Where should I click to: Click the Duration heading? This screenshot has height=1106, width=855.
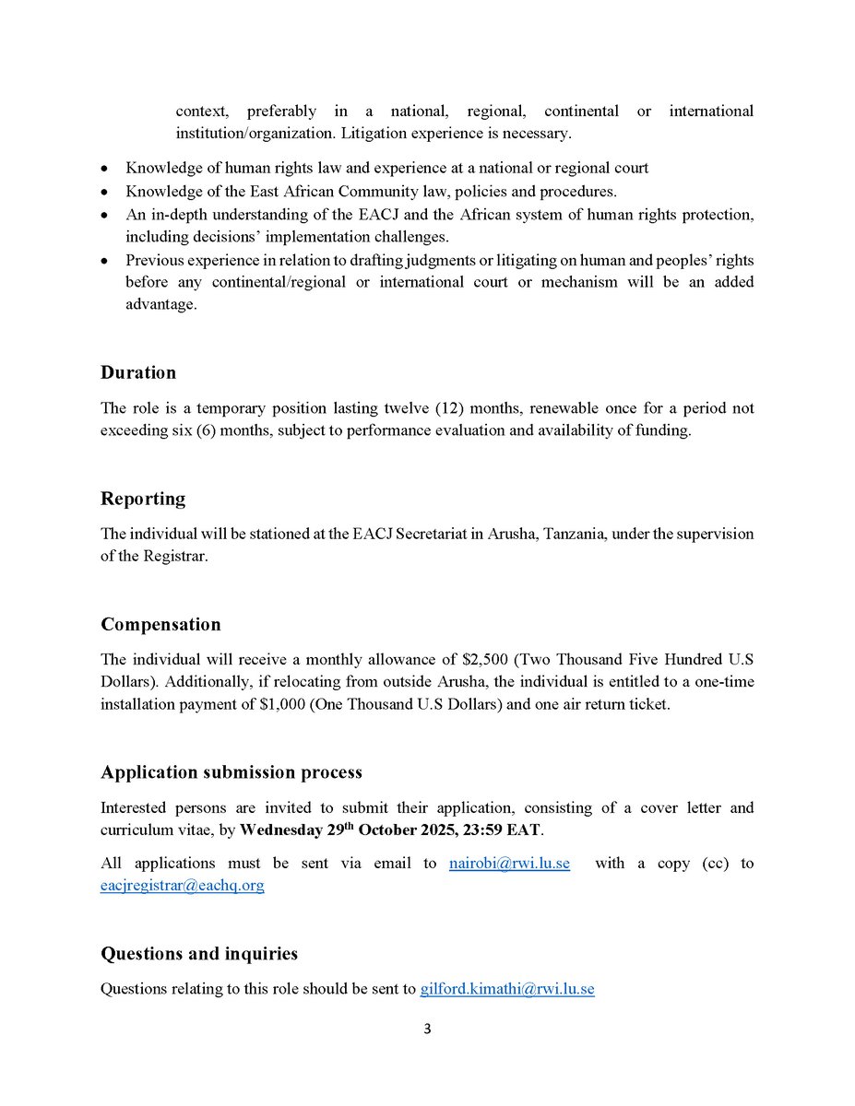tap(138, 373)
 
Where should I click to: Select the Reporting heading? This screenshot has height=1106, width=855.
tap(143, 499)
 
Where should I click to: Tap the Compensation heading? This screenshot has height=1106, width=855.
tap(160, 624)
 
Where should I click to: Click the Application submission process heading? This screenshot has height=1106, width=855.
tap(232, 771)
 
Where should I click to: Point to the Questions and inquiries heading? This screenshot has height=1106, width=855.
tap(199, 953)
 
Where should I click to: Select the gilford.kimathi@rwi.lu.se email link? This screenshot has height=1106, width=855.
tap(507, 989)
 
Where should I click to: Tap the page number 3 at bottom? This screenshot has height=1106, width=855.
tap(427, 1029)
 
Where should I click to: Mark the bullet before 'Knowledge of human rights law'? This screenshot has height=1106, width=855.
tap(105, 169)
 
